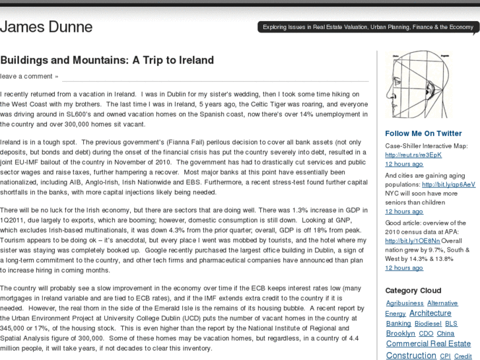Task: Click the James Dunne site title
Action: tap(46, 28)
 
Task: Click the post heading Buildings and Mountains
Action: tap(107, 60)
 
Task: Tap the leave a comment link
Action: tap(29, 76)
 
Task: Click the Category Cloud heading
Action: tap(413, 291)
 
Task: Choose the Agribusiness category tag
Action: tap(405, 303)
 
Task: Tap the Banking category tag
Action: tap(398, 324)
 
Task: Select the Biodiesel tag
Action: tap(428, 324)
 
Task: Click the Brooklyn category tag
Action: tap(400, 334)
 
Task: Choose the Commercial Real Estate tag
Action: tap(428, 344)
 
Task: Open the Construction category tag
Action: tap(411, 355)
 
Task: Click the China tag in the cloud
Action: tap(446, 334)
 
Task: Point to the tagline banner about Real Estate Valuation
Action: tap(368, 28)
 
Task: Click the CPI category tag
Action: tap(445, 356)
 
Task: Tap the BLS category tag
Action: tap(451, 324)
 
